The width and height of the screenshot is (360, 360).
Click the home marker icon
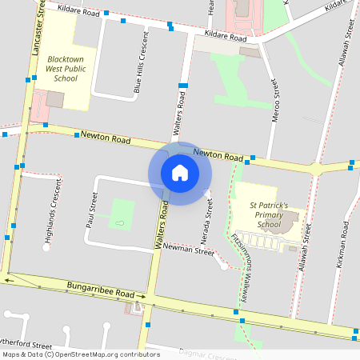click(180, 173)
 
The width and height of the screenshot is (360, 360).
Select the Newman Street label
click(189, 251)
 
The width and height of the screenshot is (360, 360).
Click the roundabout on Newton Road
click(318, 169)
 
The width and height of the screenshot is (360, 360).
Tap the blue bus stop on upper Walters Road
click(183, 85)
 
